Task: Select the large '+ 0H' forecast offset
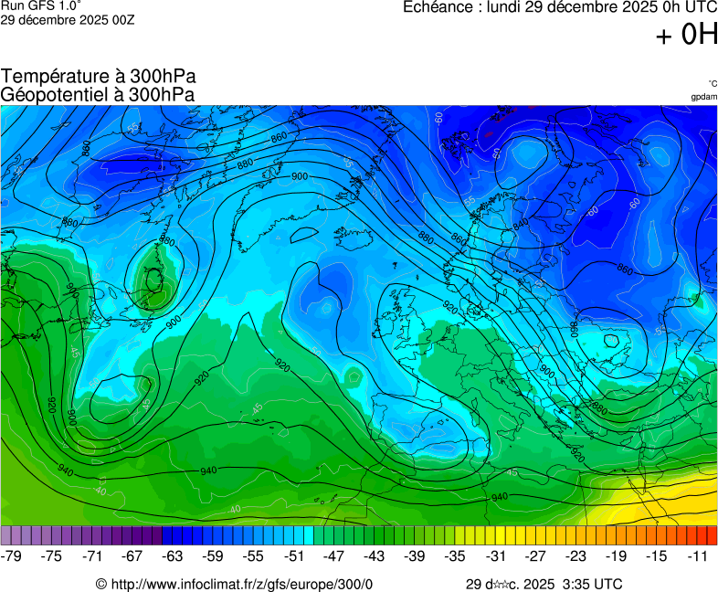pos(686,35)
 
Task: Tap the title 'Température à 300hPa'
pos(98,77)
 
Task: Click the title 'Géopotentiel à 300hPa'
pos(98,94)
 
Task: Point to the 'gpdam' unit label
pos(703,97)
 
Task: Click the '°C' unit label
pos(712,83)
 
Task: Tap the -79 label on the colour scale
pos(12,555)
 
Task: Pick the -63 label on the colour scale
pos(173,555)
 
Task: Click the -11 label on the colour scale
pos(697,555)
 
